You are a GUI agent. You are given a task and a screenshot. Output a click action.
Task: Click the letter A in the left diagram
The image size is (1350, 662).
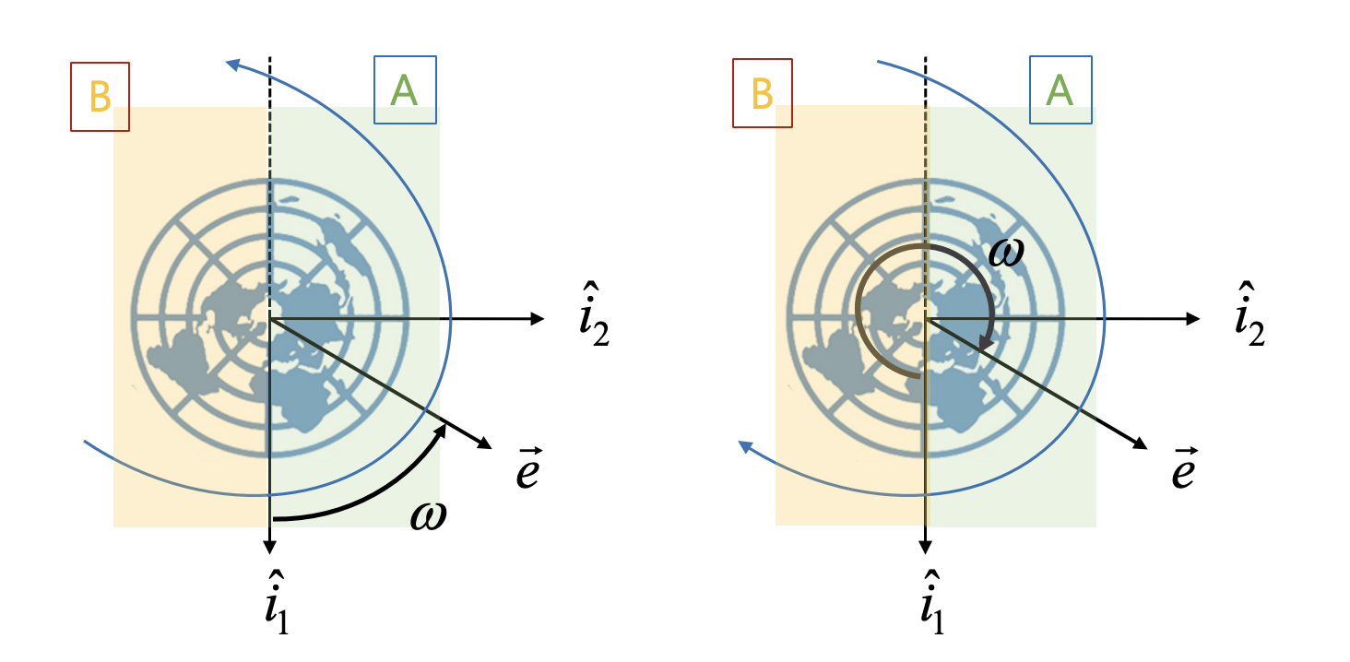[x=405, y=90]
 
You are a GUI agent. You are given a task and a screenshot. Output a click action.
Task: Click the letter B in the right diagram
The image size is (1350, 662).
[x=762, y=93]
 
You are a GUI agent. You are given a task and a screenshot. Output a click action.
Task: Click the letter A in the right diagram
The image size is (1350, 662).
[x=1060, y=90]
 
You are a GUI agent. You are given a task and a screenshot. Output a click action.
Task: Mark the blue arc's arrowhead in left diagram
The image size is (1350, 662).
[x=233, y=64]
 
